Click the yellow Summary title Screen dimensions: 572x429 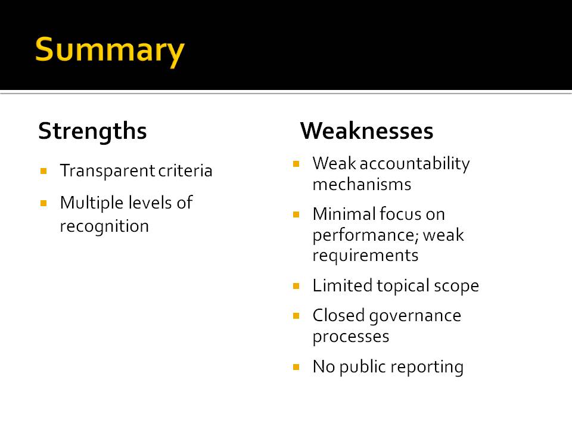(110, 51)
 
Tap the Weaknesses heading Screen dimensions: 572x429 (366, 130)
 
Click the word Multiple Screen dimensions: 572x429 (92, 203)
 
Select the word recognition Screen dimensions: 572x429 (104, 226)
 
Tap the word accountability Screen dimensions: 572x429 (415, 164)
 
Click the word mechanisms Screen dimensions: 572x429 (362, 184)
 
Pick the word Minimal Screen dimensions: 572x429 (344, 214)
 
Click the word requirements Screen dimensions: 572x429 (365, 256)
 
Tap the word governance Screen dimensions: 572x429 (415, 316)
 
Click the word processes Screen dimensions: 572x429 (351, 337)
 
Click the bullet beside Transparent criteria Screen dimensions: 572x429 (43, 171)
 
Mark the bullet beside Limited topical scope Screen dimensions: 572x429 (296, 285)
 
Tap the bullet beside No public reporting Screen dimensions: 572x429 (296, 366)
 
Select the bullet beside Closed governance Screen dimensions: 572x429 (296, 316)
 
